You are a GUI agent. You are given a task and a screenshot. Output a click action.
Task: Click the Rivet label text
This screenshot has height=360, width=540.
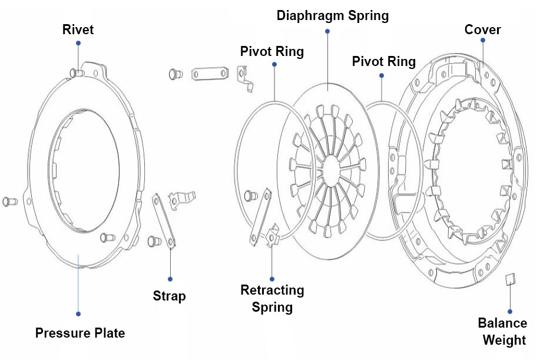pyautogui.click(x=78, y=29)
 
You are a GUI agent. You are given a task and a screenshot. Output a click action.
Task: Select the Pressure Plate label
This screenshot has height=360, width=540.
pyautogui.click(x=80, y=333)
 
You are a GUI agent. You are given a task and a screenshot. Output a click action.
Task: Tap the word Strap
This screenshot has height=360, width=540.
pyautogui.click(x=170, y=296)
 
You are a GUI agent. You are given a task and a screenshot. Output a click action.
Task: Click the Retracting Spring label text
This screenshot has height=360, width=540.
pyautogui.click(x=272, y=298)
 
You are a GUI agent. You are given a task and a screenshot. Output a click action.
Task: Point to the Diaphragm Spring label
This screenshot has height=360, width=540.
pyautogui.click(x=333, y=16)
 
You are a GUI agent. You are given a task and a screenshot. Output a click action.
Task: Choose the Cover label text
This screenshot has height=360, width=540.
pyautogui.click(x=482, y=29)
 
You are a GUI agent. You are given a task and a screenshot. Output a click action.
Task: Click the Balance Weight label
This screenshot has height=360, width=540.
pyautogui.click(x=502, y=332)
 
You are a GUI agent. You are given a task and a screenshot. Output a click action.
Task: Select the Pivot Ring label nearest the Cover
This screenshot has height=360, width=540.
pyautogui.click(x=383, y=61)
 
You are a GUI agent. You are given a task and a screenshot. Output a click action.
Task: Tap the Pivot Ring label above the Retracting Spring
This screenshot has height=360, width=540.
pyautogui.click(x=272, y=51)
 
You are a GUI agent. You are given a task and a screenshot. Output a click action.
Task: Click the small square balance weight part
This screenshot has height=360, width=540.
pyautogui.click(x=511, y=279)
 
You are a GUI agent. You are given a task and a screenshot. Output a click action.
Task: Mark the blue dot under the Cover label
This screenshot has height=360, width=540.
pyautogui.click(x=482, y=41)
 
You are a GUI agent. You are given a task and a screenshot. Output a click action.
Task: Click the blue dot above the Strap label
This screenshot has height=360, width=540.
pyautogui.click(x=170, y=279)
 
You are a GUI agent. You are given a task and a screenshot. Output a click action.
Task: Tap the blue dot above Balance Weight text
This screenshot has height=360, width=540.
pyautogui.click(x=510, y=311)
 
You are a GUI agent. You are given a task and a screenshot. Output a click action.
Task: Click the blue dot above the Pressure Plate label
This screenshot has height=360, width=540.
pyautogui.click(x=78, y=313)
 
